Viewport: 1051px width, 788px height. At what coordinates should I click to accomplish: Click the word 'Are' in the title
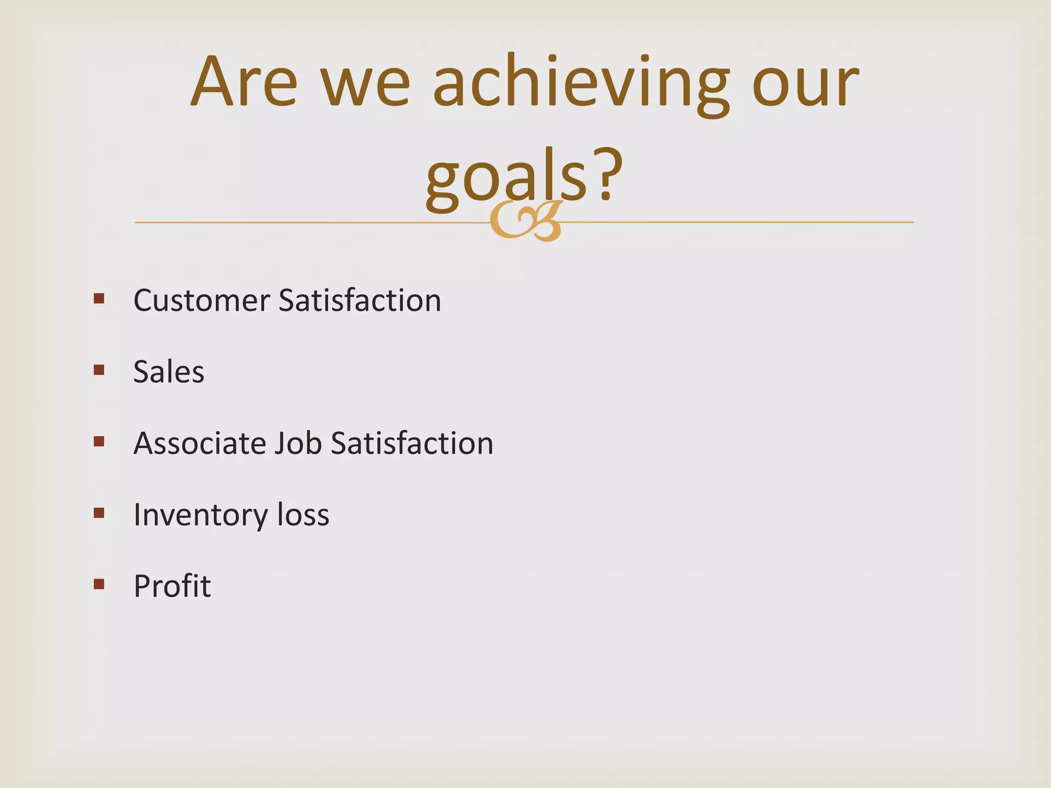tap(244, 82)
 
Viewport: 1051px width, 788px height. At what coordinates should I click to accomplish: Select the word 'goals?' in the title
tap(523, 177)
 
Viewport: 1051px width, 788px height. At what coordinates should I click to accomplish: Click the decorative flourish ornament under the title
tap(525, 222)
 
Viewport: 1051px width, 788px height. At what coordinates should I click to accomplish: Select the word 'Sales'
tap(169, 371)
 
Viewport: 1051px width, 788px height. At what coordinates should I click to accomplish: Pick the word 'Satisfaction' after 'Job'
tap(412, 443)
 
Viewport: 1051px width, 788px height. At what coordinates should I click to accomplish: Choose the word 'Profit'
tap(172, 586)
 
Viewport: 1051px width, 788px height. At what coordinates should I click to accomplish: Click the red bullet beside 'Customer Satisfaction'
tap(99, 299)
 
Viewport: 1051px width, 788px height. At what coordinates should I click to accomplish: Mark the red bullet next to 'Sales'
tap(99, 370)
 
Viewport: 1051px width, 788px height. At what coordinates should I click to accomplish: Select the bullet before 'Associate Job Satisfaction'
tap(99, 441)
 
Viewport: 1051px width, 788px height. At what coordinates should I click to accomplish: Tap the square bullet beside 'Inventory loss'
tap(99, 513)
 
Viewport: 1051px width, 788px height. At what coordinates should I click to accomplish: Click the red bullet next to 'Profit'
tap(99, 584)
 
